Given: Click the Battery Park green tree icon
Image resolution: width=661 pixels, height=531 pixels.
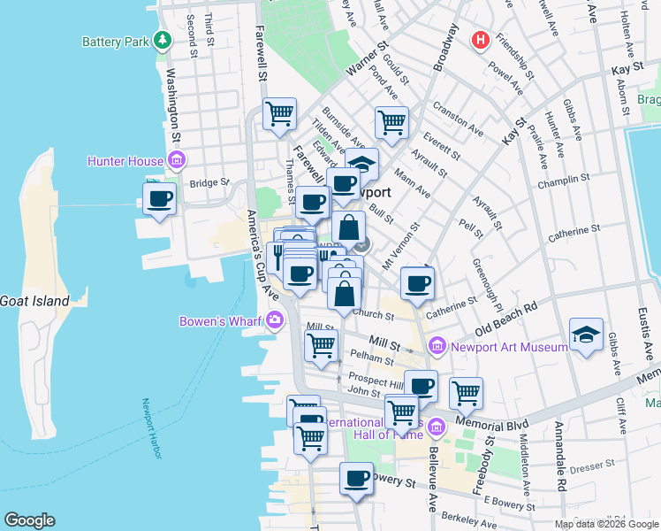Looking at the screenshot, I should (x=162, y=41).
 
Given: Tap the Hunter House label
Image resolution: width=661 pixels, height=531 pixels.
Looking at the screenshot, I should (x=125, y=161).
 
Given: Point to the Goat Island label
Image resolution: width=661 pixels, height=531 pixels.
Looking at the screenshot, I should (x=34, y=301).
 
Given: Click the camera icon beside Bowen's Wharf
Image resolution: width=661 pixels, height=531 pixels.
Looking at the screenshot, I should (x=276, y=319).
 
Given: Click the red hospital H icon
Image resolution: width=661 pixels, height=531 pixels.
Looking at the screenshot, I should (x=481, y=40).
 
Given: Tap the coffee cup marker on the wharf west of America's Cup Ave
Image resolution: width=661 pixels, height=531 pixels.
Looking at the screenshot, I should (x=159, y=198).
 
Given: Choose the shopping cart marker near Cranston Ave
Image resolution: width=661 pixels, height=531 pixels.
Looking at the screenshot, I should (x=391, y=122).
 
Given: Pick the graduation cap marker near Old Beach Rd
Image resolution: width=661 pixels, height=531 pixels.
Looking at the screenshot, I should (x=586, y=335).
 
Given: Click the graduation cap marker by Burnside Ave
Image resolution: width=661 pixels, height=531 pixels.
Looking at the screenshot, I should (x=361, y=165).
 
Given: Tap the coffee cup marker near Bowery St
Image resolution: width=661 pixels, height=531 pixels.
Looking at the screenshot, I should (x=356, y=478).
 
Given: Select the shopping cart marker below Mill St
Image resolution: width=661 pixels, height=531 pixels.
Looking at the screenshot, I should (x=321, y=345).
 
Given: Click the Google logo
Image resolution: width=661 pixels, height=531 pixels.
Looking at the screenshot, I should (x=29, y=520).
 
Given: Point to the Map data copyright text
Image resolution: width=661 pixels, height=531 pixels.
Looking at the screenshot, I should (x=605, y=524).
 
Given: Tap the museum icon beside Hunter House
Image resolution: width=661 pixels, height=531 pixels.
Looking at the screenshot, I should (x=177, y=161).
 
